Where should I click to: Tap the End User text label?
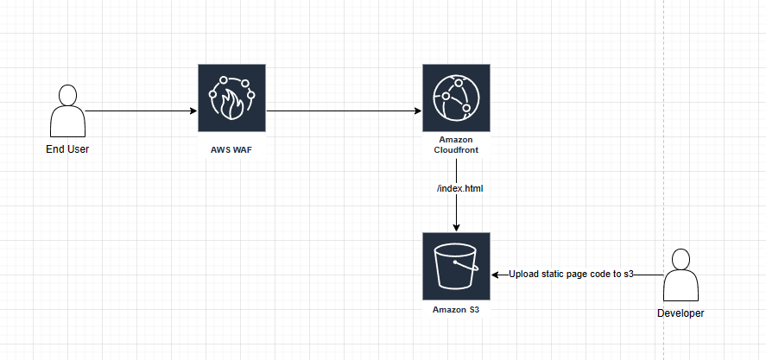[x=67, y=149]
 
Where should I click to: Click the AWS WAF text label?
[x=231, y=149]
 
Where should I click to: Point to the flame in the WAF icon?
[x=231, y=104]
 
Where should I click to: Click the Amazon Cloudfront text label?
[x=456, y=145]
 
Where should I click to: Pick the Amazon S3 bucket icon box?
[x=456, y=266]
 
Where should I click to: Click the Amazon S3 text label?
[x=456, y=308]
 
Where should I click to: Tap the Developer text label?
[x=681, y=313]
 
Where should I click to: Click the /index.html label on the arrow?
[x=456, y=187]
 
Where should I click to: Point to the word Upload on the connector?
[x=525, y=275]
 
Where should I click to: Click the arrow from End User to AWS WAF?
[x=138, y=111]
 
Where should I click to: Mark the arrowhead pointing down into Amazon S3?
[x=456, y=227]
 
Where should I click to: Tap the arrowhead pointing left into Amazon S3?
[x=496, y=275]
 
